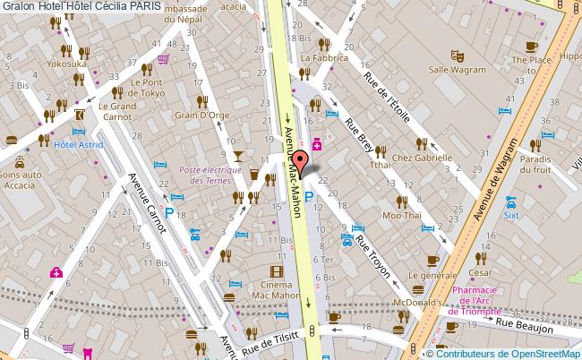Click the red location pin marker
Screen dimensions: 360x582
pos(302,162)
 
